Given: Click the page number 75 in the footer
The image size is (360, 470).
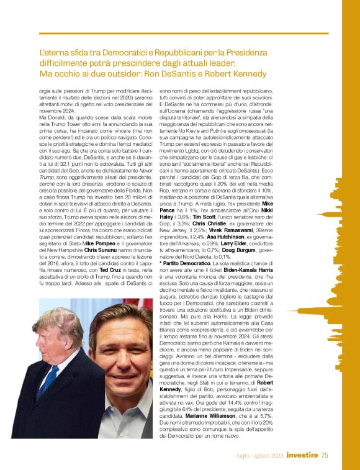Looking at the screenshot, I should [x=325, y=456].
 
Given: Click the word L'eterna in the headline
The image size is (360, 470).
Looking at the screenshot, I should [x=56, y=53].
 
